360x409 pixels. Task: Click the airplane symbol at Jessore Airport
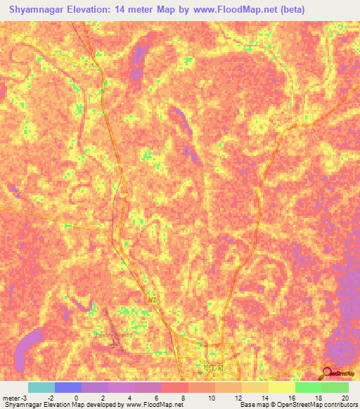click(x=117, y=344)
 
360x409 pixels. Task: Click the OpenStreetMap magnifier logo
click(x=327, y=373)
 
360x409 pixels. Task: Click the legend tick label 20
click(x=345, y=398)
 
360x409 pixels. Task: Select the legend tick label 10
click(x=211, y=398)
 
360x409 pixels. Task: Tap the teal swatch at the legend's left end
click(x=41, y=387)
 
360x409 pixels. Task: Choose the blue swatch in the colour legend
click(x=68, y=387)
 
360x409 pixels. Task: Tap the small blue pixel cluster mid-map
click(x=186, y=150)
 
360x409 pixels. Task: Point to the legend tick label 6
click(x=157, y=398)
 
